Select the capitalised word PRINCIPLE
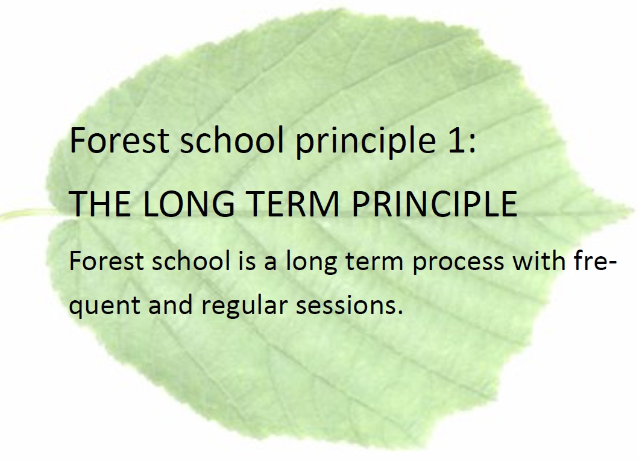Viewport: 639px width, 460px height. pos(435,203)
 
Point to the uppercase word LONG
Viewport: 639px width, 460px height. pos(189,203)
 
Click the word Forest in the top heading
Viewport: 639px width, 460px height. pos(119,140)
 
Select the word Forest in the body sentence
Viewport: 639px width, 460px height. pos(107,261)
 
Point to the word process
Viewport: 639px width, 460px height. pos(458,263)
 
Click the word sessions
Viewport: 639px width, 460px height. pos(349,305)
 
